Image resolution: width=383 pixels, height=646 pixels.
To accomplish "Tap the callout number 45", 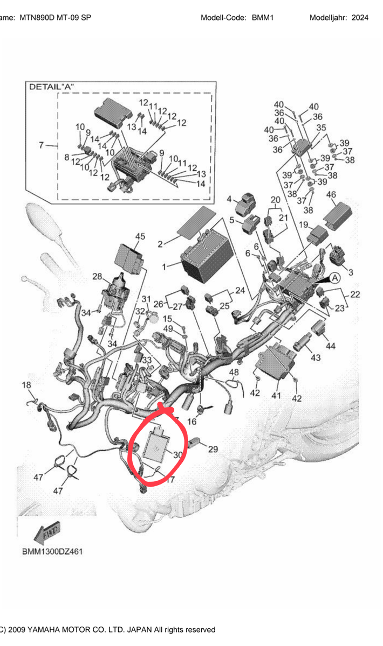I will click(140, 236).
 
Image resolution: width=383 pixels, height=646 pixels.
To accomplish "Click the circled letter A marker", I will click(334, 278).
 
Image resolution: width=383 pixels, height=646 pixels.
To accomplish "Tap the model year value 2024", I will click(360, 18).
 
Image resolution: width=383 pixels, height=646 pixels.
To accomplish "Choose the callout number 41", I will click(276, 396).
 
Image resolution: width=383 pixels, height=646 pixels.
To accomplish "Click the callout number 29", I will click(213, 449).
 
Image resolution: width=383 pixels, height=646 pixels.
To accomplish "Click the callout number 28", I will click(97, 277).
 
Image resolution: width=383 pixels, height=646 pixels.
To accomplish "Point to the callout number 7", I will click(41, 145).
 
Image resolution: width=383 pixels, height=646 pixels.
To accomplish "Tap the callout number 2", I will click(160, 244).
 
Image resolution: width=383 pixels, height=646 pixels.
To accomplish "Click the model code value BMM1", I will click(263, 18).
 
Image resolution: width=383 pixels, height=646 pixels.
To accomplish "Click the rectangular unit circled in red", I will click(156, 446).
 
